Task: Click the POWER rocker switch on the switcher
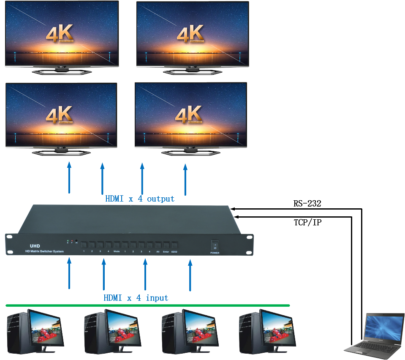point(215,245)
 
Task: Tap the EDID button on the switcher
point(174,245)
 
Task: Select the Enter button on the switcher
point(166,245)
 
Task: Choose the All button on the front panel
point(158,245)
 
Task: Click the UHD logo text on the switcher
point(35,245)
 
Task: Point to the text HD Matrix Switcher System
point(44,252)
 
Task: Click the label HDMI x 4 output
point(140,199)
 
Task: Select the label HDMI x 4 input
point(136,298)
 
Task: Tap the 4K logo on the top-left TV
point(60,33)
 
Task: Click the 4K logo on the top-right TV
point(190,33)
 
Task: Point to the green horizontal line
point(148,305)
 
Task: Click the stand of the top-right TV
point(193,71)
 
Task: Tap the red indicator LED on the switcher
point(72,241)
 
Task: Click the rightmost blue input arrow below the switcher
point(190,275)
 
